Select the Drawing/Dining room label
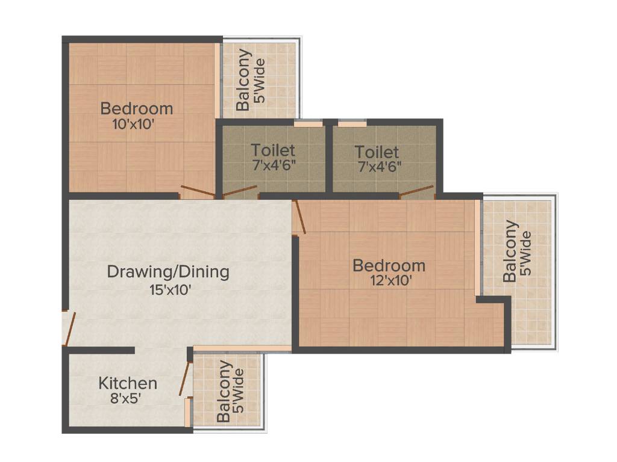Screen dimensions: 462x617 pyautogui.click(x=168, y=271)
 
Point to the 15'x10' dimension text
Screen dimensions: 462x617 pyautogui.click(x=170, y=290)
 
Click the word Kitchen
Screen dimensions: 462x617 pyautogui.click(x=128, y=383)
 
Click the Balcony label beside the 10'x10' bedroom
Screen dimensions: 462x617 pyautogui.click(x=243, y=80)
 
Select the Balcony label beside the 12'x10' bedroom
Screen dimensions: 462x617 pyautogui.click(x=510, y=251)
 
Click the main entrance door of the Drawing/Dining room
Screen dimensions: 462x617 pyautogui.click(x=69, y=328)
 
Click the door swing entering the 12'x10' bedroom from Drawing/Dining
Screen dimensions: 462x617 pyautogui.click(x=299, y=217)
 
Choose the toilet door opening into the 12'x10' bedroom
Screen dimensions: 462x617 pyautogui.click(x=417, y=192)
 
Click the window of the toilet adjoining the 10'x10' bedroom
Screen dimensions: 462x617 pyautogui.click(x=308, y=124)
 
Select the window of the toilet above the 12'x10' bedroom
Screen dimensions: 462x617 pyautogui.click(x=352, y=124)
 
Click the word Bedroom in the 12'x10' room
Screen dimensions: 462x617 pyautogui.click(x=389, y=265)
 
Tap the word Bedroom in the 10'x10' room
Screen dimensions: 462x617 pyautogui.click(x=137, y=109)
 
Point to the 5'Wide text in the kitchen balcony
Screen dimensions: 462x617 pyautogui.click(x=239, y=392)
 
